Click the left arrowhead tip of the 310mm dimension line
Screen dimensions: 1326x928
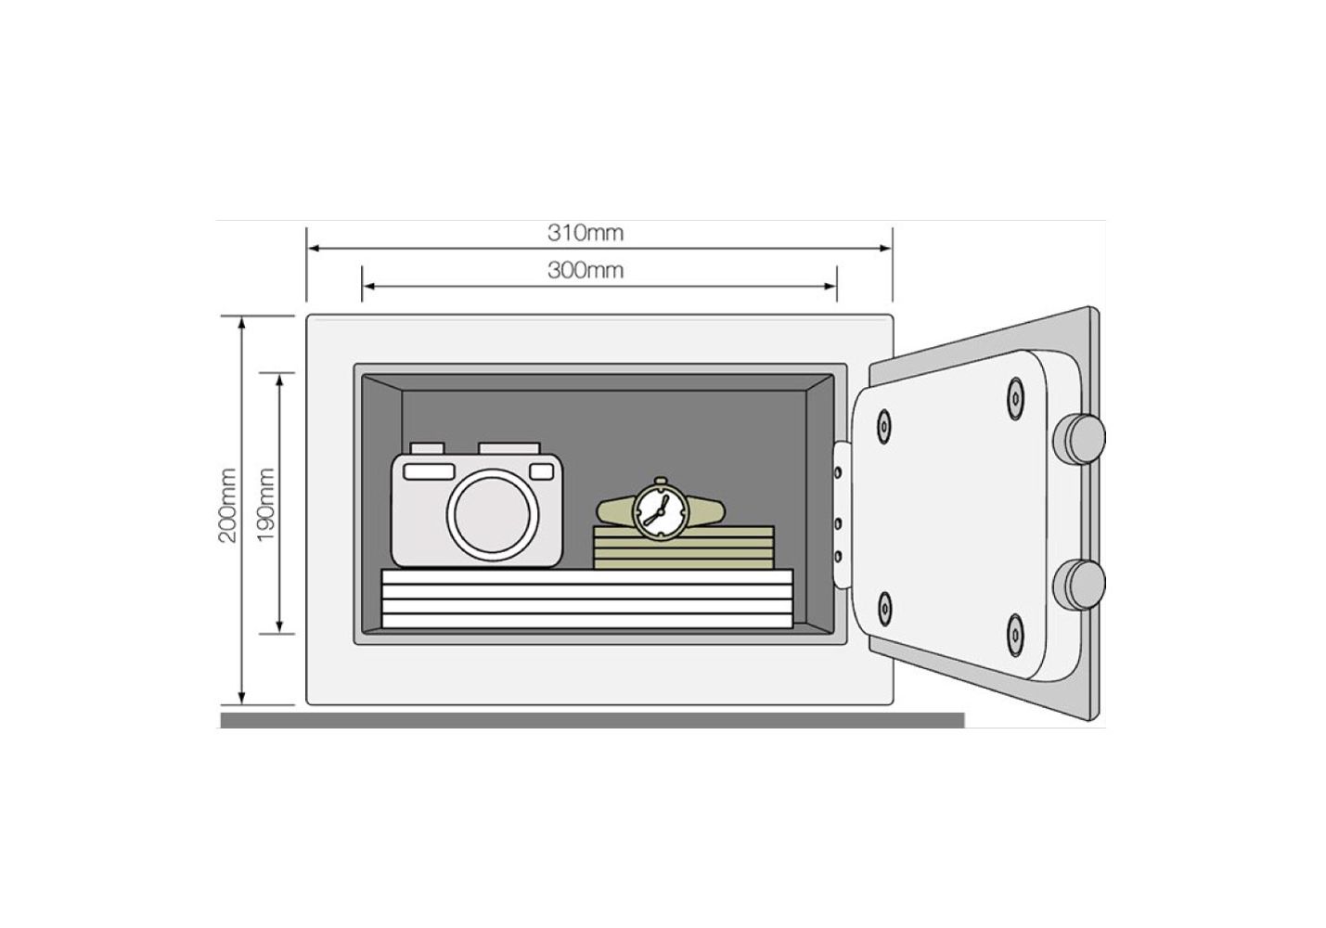(x=308, y=248)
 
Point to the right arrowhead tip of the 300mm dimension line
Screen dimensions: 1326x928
(x=836, y=287)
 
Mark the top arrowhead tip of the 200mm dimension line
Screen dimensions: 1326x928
(x=241, y=317)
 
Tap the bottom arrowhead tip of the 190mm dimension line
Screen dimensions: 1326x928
(x=279, y=633)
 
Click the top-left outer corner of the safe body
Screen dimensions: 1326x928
(x=306, y=315)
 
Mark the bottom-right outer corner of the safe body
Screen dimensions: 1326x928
(x=894, y=705)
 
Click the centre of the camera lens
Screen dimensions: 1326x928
(x=493, y=515)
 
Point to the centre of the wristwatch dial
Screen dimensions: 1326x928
(x=660, y=510)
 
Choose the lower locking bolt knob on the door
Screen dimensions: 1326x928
(x=1078, y=584)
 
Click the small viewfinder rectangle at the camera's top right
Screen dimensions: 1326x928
(x=541, y=471)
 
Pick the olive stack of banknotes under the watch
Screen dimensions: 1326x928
(x=684, y=548)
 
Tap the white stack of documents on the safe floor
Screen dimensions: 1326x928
(x=587, y=599)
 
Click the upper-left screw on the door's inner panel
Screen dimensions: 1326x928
(x=883, y=426)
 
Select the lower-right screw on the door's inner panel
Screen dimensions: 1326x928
(x=1015, y=635)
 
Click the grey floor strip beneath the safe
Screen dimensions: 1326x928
(x=593, y=720)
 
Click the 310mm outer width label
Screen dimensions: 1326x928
(x=586, y=233)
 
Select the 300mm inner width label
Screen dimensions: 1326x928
(x=586, y=270)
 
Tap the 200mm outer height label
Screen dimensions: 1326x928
(x=228, y=506)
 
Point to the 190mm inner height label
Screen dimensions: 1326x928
(x=265, y=504)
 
